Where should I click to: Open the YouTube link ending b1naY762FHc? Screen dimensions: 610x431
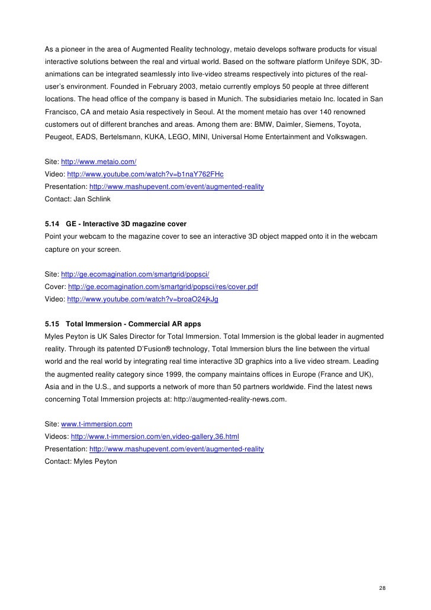pos(145,174)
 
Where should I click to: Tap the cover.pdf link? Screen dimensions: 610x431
pos(163,287)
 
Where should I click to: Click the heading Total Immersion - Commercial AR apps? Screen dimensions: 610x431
pos(133,324)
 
